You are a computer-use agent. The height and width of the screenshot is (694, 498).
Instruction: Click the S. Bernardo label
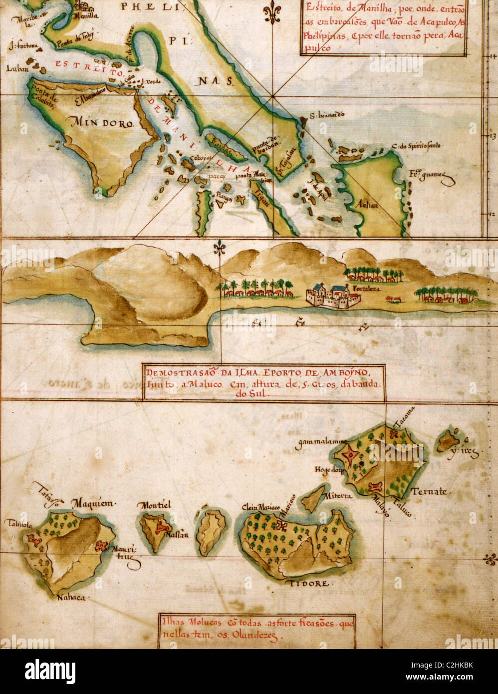click(326, 114)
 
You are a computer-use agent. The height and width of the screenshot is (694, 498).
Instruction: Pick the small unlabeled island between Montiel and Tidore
click(212, 532)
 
